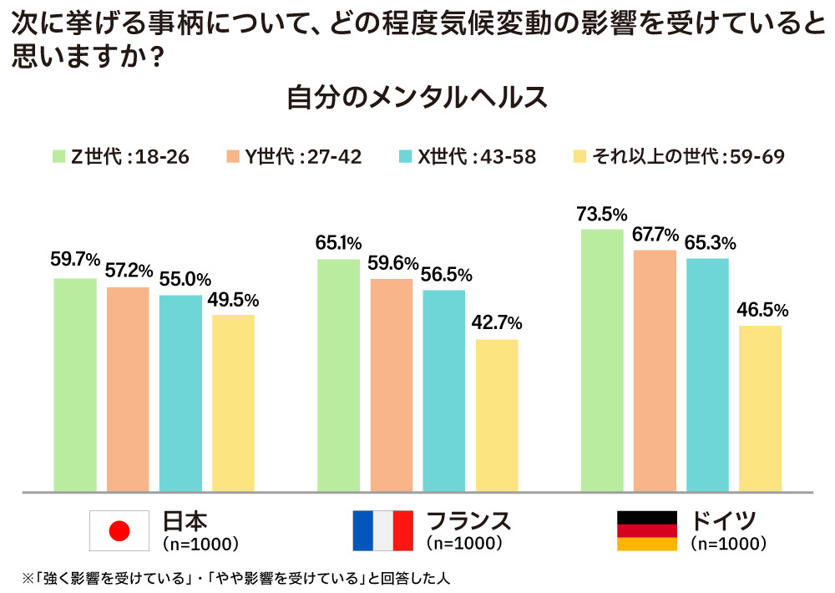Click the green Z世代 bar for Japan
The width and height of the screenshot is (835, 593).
75,384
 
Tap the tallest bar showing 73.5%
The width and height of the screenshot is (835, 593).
602,359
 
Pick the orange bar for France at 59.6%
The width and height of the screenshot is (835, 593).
391,384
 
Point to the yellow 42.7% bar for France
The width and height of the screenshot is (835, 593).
497,414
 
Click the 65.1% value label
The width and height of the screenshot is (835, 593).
338,244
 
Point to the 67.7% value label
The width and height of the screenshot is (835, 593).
655,235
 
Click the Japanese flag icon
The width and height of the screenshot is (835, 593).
121,530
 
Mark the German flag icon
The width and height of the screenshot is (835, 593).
647,530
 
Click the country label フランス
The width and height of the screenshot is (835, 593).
468,521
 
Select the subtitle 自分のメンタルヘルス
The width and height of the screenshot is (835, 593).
417,98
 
